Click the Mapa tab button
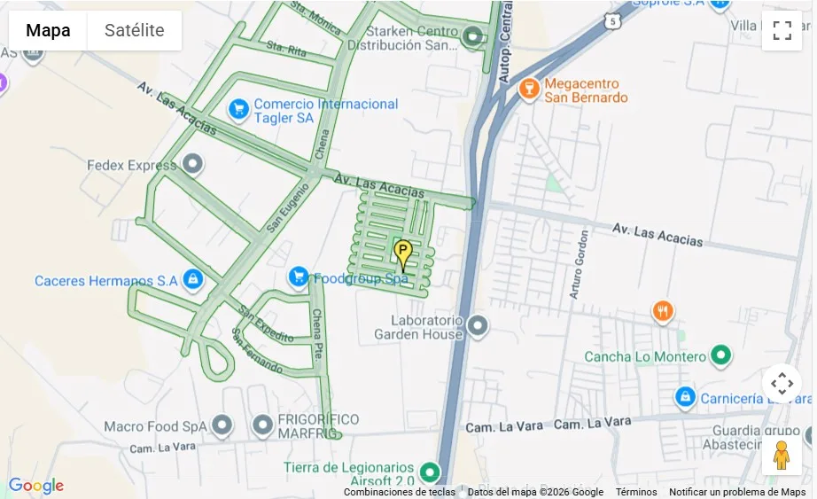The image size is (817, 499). pyautogui.click(x=48, y=30)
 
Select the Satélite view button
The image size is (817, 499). pyautogui.click(x=135, y=30)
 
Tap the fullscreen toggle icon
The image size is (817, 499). pyautogui.click(x=782, y=30)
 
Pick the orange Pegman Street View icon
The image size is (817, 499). pyautogui.click(x=781, y=455)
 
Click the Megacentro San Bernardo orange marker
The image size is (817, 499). pyautogui.click(x=529, y=89)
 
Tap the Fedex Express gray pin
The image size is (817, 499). pyautogui.click(x=192, y=165)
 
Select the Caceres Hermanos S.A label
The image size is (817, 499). pyautogui.click(x=106, y=281)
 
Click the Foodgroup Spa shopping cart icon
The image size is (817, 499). pyautogui.click(x=299, y=278)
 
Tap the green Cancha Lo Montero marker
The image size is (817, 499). pyautogui.click(x=721, y=356)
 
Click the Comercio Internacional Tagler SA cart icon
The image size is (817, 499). pyautogui.click(x=238, y=110)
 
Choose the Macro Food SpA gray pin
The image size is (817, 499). pyautogui.click(x=222, y=426)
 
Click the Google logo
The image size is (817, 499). pyautogui.click(x=36, y=485)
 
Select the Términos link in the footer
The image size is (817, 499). pyautogui.click(x=636, y=492)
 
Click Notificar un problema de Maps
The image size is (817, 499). pyautogui.click(x=737, y=492)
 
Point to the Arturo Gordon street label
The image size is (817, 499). pyautogui.click(x=583, y=265)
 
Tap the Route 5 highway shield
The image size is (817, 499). pyautogui.click(x=613, y=19)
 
